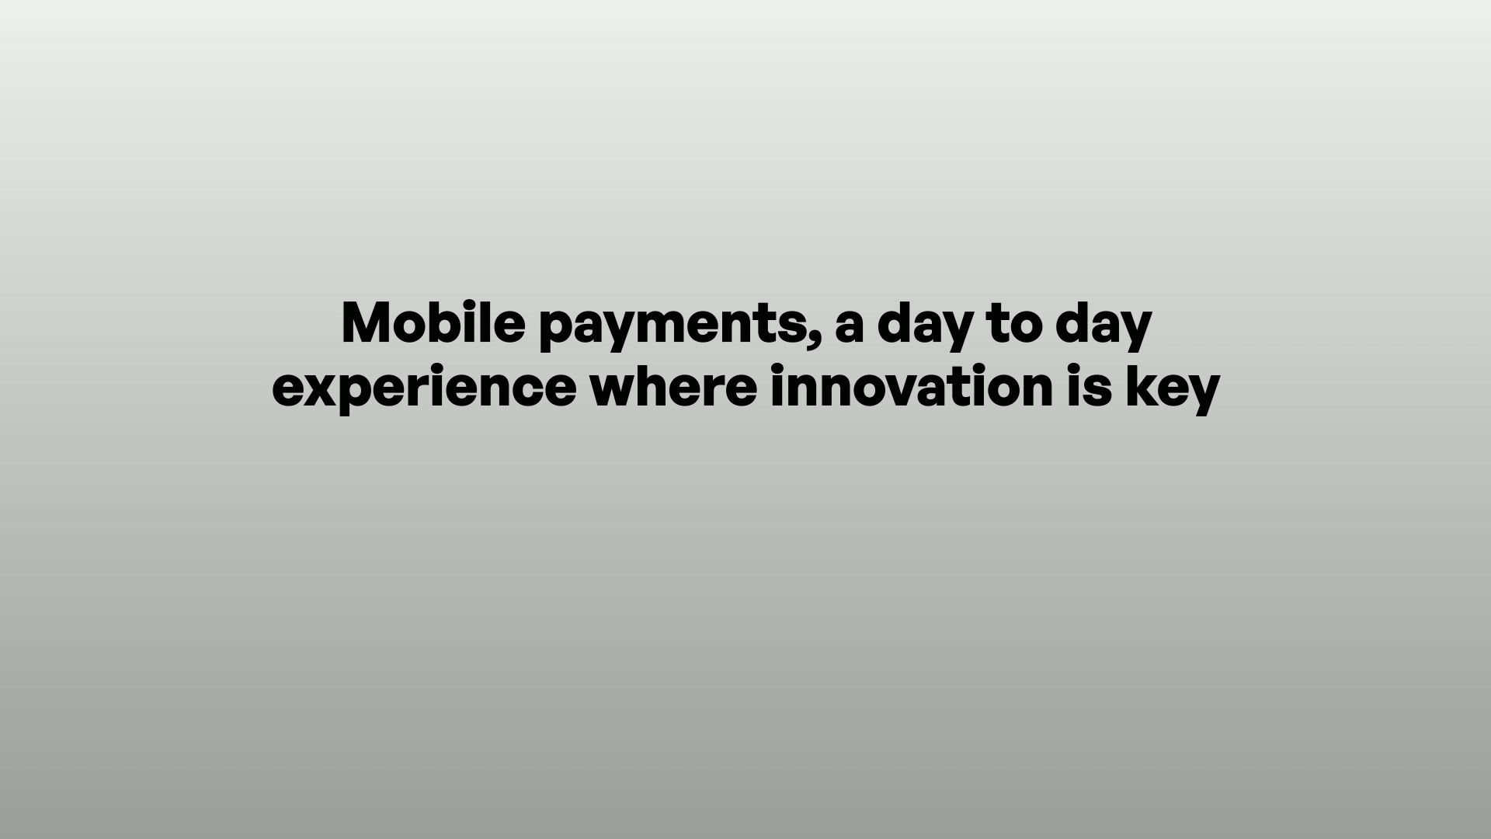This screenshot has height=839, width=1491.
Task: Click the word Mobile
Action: tap(433, 322)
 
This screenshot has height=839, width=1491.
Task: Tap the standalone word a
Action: tap(849, 327)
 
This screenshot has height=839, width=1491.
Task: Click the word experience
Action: tap(424, 389)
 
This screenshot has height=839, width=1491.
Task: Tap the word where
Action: tap(673, 386)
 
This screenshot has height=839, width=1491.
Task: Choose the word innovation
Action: tap(912, 386)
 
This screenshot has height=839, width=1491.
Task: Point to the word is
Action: tap(1090, 386)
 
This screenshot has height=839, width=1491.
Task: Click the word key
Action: tap(1173, 389)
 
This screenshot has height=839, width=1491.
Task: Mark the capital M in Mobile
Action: tap(367, 322)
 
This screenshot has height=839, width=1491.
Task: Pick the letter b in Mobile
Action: tap(454, 322)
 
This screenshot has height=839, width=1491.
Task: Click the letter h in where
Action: tap(661, 386)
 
